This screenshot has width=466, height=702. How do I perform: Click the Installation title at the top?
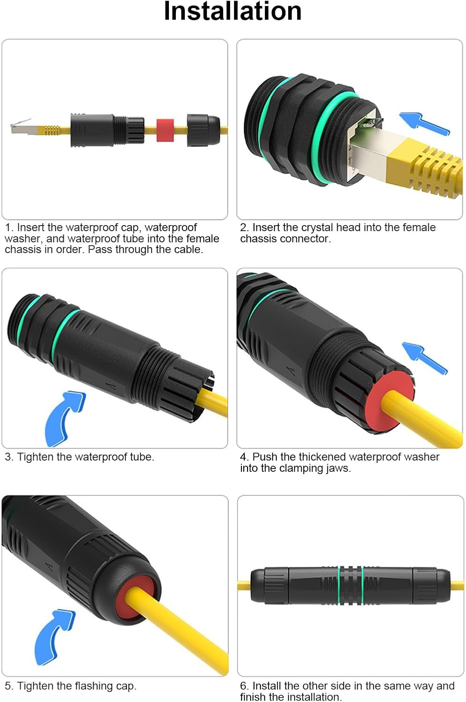pos(233,11)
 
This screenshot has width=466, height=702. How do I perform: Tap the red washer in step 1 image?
pos(165,130)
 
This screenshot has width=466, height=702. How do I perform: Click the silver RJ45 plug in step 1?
pos(21,127)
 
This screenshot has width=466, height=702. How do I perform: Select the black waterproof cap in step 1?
pos(203,130)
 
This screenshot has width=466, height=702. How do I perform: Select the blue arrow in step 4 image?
pos(424,358)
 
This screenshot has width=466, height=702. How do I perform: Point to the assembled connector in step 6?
pos(350,585)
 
